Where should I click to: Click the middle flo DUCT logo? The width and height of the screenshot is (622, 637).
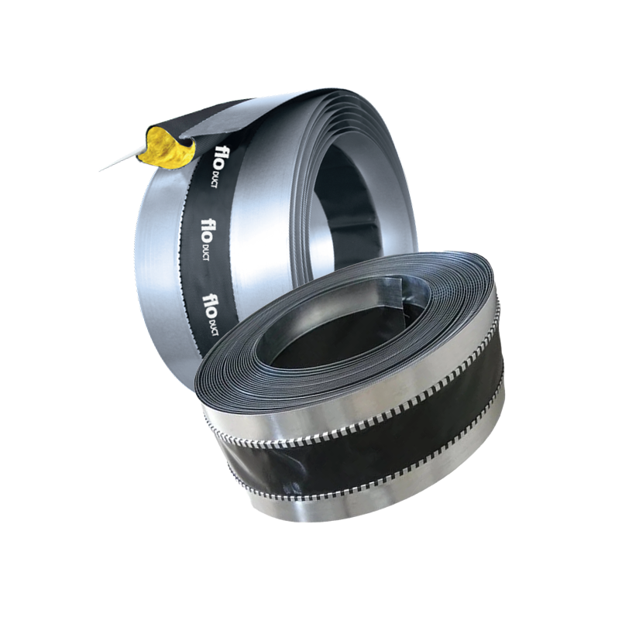[x=209, y=239]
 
